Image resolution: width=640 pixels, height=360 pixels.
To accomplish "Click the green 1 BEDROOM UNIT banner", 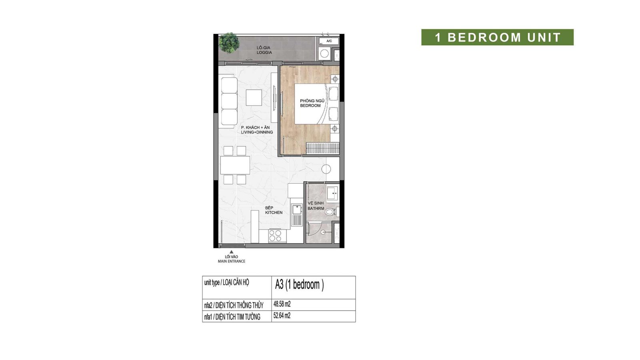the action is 498,37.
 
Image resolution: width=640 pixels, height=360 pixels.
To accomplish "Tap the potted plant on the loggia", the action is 229,43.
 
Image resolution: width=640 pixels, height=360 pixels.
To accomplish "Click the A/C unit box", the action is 329,41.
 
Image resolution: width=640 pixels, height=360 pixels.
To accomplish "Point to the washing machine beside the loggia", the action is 324,54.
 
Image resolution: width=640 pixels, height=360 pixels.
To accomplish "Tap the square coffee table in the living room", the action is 254,98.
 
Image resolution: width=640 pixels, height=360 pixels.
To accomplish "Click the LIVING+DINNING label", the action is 257,132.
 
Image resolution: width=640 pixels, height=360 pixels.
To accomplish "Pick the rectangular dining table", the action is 235,166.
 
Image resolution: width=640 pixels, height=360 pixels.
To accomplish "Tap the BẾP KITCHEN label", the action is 274,210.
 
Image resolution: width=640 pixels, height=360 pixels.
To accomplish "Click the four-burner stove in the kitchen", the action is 275,236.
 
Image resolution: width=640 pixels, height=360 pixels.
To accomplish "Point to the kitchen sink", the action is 297,210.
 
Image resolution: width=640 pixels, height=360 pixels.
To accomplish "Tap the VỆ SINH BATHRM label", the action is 316,206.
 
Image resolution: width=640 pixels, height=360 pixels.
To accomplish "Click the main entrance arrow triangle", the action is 232,252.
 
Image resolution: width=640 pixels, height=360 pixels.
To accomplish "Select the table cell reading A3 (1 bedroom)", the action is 314,288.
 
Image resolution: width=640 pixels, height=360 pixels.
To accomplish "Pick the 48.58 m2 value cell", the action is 314,305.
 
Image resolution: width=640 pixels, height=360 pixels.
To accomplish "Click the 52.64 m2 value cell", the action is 314,316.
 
